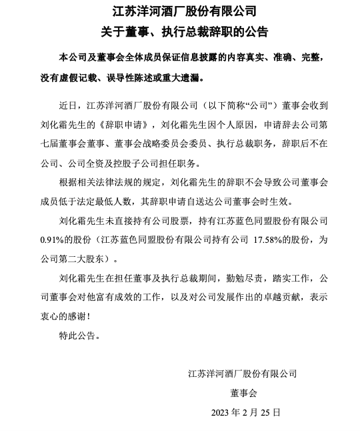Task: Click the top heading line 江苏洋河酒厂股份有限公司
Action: point(180,11)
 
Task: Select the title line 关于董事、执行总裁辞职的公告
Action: point(180,31)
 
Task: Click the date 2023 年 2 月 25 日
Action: point(246,413)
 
